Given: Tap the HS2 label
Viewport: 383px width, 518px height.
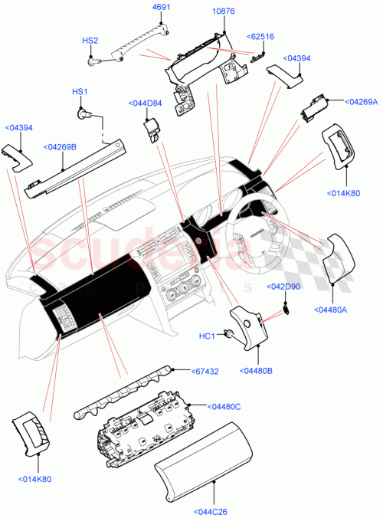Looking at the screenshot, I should point(90,40).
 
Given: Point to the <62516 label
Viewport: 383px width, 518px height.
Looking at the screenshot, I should point(260,36).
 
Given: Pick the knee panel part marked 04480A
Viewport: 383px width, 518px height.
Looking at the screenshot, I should point(335,261).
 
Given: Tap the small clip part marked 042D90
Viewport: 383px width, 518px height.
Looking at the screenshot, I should point(286,307).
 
